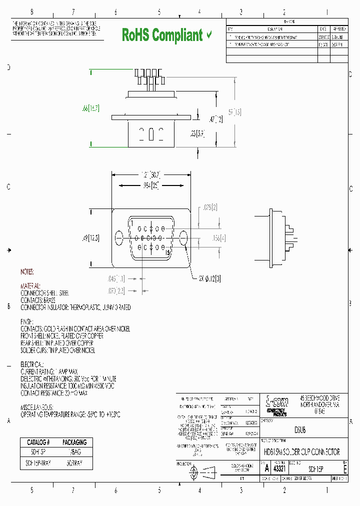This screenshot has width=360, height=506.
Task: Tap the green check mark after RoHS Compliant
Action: pos(209,35)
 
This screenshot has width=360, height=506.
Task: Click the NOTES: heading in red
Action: pos(27,272)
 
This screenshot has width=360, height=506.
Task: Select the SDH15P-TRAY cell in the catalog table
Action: pos(38,463)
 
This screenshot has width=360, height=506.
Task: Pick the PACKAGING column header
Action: pos(74,442)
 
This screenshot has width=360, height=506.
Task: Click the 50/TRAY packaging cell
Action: pos(74,463)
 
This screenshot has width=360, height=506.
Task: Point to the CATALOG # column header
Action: pos(38,442)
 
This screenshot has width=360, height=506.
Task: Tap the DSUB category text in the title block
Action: pos(299,430)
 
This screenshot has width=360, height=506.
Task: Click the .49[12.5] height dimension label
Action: pos(90,238)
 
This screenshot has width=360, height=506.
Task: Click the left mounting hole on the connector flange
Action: pos(119,238)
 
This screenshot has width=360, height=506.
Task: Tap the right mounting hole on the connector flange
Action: pos(183,238)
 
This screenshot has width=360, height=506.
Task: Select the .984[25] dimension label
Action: pos(151,185)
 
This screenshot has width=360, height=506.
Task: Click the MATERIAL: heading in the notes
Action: pos(30,286)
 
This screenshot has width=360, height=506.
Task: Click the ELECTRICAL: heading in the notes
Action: pos(32,364)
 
